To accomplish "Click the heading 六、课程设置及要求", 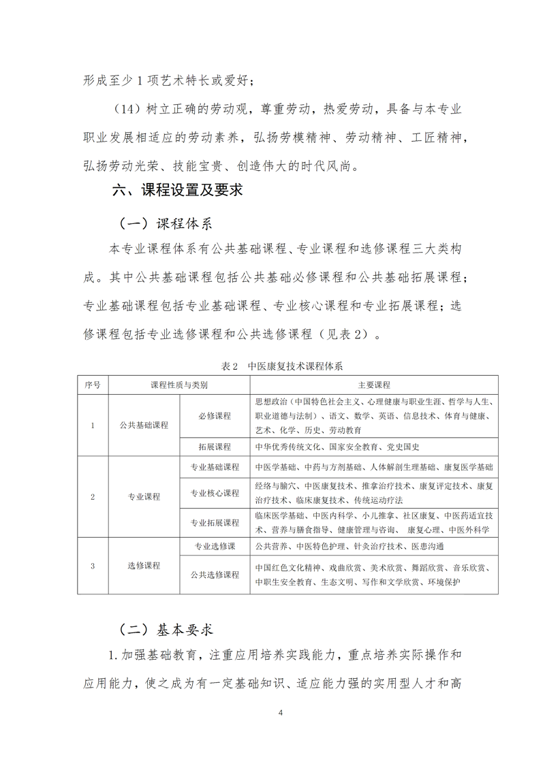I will pos(177,190).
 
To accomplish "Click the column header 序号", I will pos(93,385).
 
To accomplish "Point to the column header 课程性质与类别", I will pos(179,385).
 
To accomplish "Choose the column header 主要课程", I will pos(373,385).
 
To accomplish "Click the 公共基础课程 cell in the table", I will pos(144,425).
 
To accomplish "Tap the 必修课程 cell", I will pos(215,415).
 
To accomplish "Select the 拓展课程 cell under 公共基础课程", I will pos(215,447).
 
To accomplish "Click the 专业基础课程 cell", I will pos(215,468).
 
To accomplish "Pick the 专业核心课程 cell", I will pos(215,494).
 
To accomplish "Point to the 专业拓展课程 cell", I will pos(215,523).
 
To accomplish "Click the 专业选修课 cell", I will pos(215,546).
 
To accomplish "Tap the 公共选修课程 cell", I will pos(215,575).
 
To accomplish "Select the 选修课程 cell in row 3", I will pos(144,565).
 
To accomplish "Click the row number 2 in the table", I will pos(93,496).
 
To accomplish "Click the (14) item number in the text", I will pos(131,108).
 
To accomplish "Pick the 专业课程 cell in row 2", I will pos(144,496).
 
